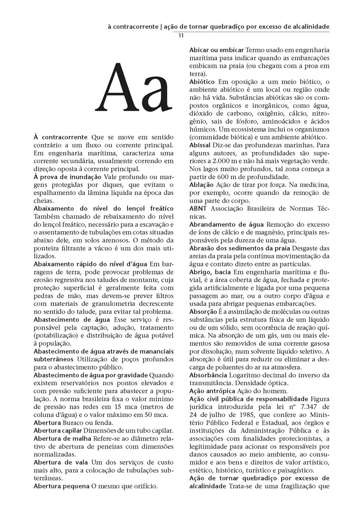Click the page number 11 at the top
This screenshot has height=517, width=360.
pos(182,36)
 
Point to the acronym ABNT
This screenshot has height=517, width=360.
pos(198,208)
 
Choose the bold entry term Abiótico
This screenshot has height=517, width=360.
pos(202,81)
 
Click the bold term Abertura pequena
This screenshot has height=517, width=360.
pos(61,486)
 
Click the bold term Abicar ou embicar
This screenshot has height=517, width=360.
pos(217,50)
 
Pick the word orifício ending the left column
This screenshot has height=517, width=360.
pos(146,486)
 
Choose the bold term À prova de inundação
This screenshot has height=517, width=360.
pos(66,177)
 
